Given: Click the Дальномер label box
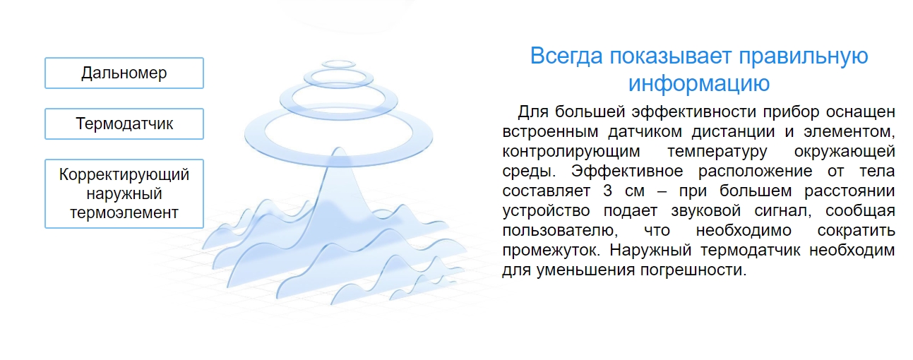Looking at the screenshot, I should point(124,73).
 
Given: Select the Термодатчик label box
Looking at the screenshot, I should point(124,124).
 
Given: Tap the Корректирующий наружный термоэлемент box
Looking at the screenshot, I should point(124,193).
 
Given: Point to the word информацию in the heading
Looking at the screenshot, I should point(698,83).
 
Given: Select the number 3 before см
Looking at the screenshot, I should point(587,191).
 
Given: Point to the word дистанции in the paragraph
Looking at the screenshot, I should point(693,131).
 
